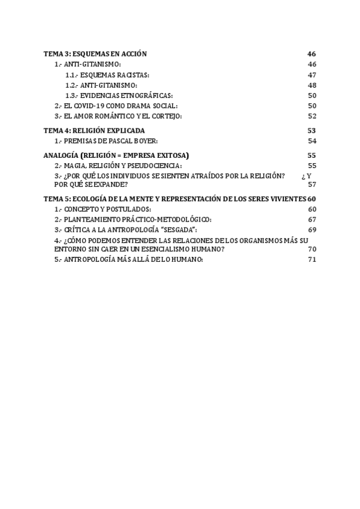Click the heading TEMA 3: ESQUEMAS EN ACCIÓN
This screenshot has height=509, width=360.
[95, 54]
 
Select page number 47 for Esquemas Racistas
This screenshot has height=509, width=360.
[311, 74]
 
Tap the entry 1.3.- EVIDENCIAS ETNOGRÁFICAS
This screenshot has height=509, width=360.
[119, 95]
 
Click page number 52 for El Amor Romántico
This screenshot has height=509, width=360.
[311, 116]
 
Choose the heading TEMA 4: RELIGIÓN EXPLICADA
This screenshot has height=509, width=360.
[94, 130]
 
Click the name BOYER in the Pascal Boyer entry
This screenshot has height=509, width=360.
[145, 140]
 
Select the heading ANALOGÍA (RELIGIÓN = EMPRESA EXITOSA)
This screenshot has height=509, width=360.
[116, 155]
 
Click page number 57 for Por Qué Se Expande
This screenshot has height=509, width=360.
[311, 184]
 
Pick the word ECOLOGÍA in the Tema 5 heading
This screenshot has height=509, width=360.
[94, 199]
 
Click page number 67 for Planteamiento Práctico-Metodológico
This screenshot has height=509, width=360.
[311, 219]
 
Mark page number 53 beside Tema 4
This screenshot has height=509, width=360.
[311, 130]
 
